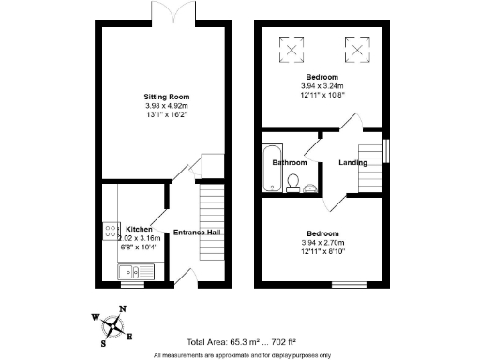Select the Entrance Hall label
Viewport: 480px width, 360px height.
pyautogui.click(x=195, y=232)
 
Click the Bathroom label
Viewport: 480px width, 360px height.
pyautogui.click(x=290, y=162)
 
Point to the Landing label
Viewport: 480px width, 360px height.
pyautogui.click(x=353, y=162)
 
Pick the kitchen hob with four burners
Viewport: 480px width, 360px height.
pyautogui.click(x=110, y=230)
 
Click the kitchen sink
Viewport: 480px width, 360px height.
pyautogui.click(x=126, y=272)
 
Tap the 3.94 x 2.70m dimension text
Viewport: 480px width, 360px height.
pyautogui.click(x=322, y=241)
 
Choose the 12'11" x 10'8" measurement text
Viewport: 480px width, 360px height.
pyautogui.click(x=322, y=94)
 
